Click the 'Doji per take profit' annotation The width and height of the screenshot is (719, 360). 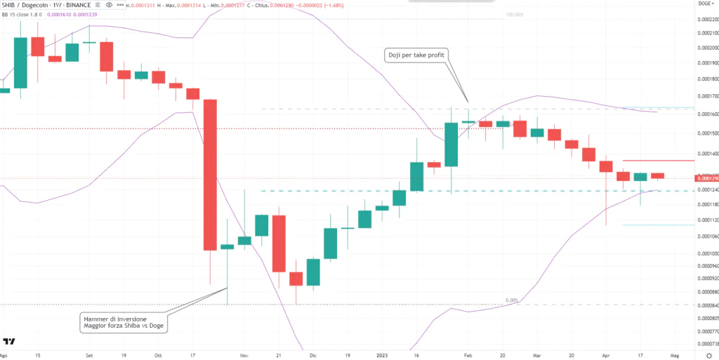[416, 55]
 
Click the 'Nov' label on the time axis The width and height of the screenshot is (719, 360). [245, 355]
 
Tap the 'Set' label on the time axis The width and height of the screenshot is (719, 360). [89, 355]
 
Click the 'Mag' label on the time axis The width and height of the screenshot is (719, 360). [673, 355]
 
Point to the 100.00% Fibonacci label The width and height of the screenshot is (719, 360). [514, 14]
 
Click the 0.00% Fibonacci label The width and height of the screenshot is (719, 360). [512, 300]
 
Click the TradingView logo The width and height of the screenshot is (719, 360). [9, 342]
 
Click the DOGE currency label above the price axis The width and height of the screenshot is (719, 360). [704, 4]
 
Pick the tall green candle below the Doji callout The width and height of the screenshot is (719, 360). [451, 145]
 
